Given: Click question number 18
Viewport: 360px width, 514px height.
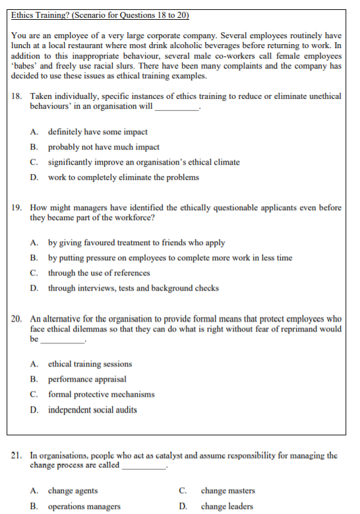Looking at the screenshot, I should tap(17, 96).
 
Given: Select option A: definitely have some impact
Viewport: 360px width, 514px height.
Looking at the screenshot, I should tap(97, 132).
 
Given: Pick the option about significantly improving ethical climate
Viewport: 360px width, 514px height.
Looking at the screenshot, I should tap(143, 162).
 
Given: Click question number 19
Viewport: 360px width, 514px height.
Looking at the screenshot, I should tap(17, 208).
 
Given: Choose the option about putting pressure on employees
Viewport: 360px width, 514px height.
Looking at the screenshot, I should tap(169, 258).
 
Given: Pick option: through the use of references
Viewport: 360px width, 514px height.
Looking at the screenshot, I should tap(98, 273).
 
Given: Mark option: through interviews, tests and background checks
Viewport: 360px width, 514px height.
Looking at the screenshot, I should tap(133, 288).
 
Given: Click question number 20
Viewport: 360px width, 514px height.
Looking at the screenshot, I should tap(17, 318).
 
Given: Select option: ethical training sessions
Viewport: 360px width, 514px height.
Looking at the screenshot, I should tap(90, 364).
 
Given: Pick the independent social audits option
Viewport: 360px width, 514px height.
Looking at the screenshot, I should tap(92, 410).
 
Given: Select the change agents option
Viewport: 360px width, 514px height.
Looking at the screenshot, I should tap(73, 491).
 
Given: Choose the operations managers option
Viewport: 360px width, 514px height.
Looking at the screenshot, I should tap(84, 506).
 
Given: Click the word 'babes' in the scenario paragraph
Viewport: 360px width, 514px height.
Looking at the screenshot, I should tap(26, 66).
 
